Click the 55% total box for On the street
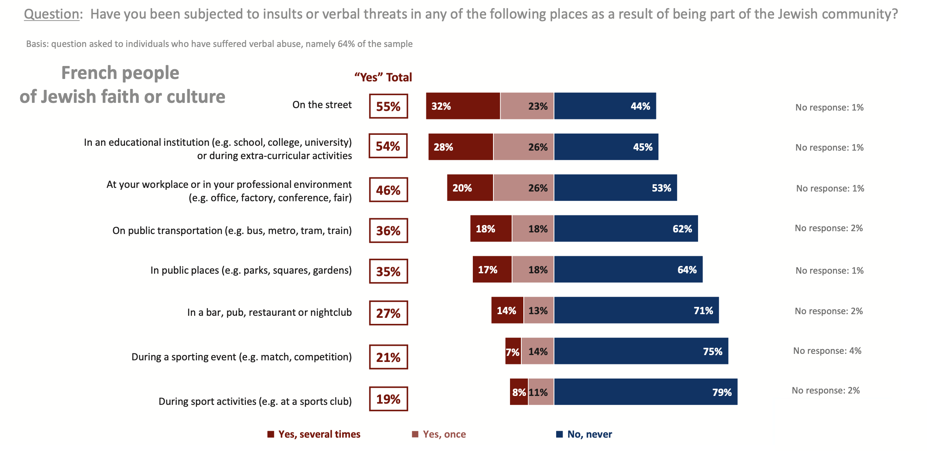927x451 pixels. pyautogui.click(x=388, y=106)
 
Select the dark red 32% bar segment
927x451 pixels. pyautogui.click(x=463, y=106)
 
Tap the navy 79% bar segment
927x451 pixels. pyautogui.click(x=646, y=392)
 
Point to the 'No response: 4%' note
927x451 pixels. pyautogui.click(x=827, y=351)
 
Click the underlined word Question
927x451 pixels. pyautogui.click(x=51, y=14)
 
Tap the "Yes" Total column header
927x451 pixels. pyautogui.click(x=383, y=77)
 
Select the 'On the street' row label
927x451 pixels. pyautogui.click(x=322, y=105)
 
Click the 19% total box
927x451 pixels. pyautogui.click(x=388, y=399)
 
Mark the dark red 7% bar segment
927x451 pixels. pyautogui.click(x=513, y=351)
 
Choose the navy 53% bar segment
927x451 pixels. pyautogui.click(x=615, y=188)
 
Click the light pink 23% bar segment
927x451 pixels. pyautogui.click(x=527, y=106)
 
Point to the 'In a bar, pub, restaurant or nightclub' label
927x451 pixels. pyautogui.click(x=269, y=313)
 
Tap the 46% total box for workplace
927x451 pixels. pyautogui.click(x=388, y=190)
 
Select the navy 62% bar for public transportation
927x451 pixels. pyautogui.click(x=626, y=229)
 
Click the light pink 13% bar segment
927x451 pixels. pyautogui.click(x=538, y=311)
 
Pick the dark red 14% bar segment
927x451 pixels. pyautogui.click(x=507, y=311)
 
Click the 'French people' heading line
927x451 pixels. pyautogui.click(x=120, y=73)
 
